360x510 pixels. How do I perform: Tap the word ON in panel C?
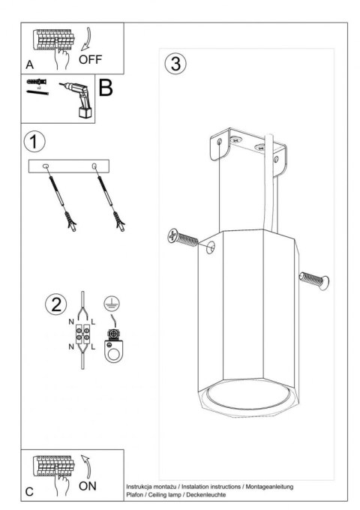pos(87,485)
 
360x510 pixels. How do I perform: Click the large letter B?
pos(105,88)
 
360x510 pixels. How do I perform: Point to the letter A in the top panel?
pos(29,65)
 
